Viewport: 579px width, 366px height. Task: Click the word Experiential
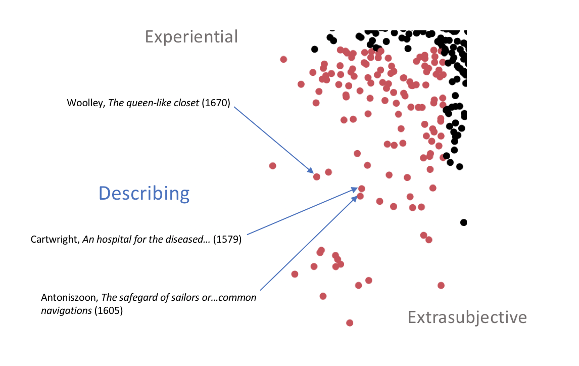[x=191, y=37]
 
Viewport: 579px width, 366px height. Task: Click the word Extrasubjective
[x=467, y=317]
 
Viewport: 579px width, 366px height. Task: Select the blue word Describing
[x=144, y=193]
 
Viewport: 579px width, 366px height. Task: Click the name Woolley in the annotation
[x=86, y=103]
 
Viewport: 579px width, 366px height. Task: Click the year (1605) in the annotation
[x=109, y=310]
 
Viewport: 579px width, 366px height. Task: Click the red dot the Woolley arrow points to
[x=316, y=177]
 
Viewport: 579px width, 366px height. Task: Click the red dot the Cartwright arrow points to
[x=362, y=189]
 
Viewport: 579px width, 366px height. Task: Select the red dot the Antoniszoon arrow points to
[x=360, y=196]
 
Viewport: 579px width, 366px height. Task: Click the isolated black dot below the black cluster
[x=463, y=222]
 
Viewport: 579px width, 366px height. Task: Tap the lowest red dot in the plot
[x=350, y=323]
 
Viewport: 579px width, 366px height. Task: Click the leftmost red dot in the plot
[x=272, y=166]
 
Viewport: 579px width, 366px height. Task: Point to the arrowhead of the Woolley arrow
[x=314, y=173]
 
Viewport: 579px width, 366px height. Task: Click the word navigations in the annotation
[x=67, y=311]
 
